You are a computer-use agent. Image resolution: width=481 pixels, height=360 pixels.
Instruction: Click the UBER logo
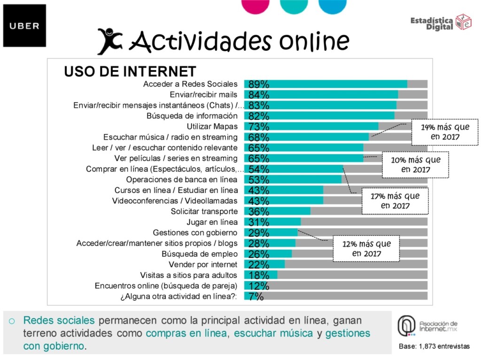click(x=24, y=26)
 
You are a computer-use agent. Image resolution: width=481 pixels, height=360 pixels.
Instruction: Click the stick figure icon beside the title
click(x=109, y=41)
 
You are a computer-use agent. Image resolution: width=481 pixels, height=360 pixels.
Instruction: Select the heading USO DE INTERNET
click(x=130, y=71)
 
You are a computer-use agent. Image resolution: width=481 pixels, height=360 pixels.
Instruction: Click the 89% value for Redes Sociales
click(x=259, y=84)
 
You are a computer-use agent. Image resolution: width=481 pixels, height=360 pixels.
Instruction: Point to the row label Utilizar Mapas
click(x=212, y=126)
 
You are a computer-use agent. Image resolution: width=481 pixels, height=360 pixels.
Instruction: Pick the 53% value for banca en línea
click(x=259, y=180)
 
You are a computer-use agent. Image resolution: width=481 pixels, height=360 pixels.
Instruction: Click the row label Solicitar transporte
click(x=204, y=211)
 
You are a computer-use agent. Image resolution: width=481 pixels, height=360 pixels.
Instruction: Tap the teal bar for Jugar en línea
click(x=272, y=222)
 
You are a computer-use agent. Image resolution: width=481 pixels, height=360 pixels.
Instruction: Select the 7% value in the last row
click(x=256, y=296)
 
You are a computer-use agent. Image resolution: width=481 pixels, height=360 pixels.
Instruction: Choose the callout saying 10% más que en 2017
click(x=415, y=165)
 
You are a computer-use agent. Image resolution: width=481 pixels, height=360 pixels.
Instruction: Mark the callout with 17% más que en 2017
click(x=395, y=201)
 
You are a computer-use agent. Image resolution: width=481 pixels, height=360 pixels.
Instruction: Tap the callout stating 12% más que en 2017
click(x=366, y=249)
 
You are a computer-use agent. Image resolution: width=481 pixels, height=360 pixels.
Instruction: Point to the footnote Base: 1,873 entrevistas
click(x=434, y=346)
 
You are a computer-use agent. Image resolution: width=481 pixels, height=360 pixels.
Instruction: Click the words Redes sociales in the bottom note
click(x=59, y=321)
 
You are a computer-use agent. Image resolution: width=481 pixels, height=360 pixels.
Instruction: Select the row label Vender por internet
click(x=203, y=265)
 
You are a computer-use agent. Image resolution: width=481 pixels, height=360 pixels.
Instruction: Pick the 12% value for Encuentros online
click(x=259, y=286)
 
